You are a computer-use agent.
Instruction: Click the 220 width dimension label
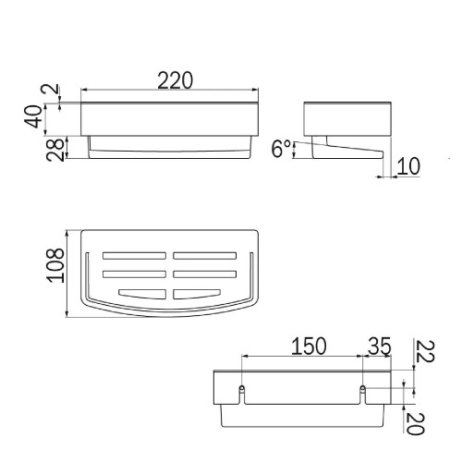coord(176,80)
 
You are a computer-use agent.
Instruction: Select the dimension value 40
coord(33,116)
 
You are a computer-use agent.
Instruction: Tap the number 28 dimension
coord(55,150)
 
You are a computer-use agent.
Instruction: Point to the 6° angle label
coord(281,149)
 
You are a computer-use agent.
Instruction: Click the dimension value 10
coord(408,166)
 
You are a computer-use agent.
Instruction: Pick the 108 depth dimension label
coord(55,265)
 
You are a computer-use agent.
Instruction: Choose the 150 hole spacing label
coord(309,346)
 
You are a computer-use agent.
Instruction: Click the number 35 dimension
coord(380,346)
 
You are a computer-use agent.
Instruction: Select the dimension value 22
coord(425,351)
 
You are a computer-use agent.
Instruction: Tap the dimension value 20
coord(416,423)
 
